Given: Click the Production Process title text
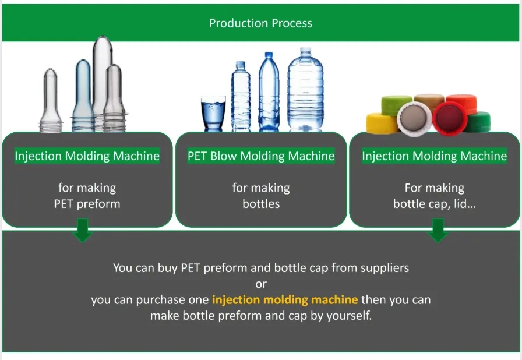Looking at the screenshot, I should tap(260, 23).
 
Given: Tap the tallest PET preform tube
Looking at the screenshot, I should tap(102, 82).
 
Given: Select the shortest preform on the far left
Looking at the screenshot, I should tap(51, 102).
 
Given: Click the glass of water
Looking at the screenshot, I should tap(213, 114).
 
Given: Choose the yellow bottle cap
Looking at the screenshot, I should tap(381, 122).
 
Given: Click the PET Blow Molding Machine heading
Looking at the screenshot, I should tap(261, 156).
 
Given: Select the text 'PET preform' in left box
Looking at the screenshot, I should tap(87, 204).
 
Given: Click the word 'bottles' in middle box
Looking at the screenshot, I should tap(261, 204).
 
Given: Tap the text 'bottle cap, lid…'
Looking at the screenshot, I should tap(434, 204).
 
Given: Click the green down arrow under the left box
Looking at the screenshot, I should tap(83, 232).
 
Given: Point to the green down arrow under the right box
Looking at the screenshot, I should tap(438, 232).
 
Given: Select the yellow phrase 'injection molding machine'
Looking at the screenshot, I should tap(285, 300).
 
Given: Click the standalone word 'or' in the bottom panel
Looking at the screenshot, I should tap(260, 284).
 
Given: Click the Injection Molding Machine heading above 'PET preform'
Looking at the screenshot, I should tap(87, 156).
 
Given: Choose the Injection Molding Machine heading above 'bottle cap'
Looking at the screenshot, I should tap(434, 156).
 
